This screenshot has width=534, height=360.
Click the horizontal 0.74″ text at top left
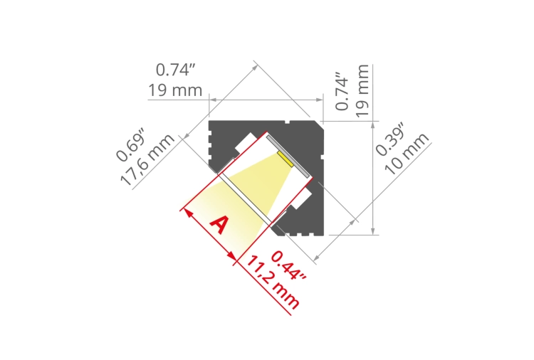(x=175, y=70)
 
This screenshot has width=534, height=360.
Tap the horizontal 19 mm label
(x=175, y=90)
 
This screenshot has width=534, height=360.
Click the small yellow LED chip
(x=286, y=158)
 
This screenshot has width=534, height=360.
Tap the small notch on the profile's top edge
(x=286, y=122)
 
